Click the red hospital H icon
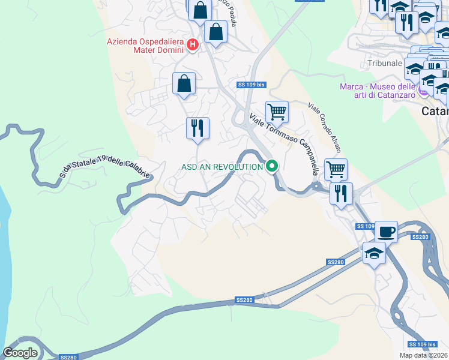point(193,44)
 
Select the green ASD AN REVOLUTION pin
point(272,166)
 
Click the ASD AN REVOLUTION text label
point(222,167)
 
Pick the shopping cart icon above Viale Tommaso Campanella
point(277,111)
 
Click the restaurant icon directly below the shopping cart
point(341,193)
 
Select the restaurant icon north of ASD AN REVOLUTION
point(197,128)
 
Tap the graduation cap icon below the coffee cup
point(374,253)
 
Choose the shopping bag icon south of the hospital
point(184,83)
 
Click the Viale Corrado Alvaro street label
point(325,127)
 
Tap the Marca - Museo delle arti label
point(378,91)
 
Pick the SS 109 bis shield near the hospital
point(251,85)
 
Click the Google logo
point(20,352)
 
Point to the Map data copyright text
point(424,355)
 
